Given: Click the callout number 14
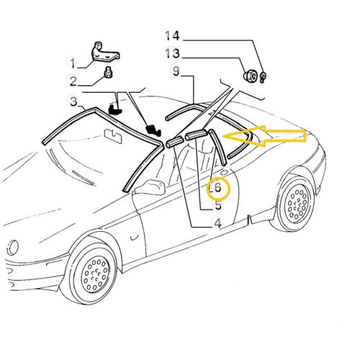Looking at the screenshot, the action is click(x=172, y=36).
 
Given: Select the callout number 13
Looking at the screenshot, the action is click(x=172, y=53).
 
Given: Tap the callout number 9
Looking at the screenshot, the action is click(x=176, y=71).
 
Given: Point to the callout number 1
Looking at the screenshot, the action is click(x=73, y=63).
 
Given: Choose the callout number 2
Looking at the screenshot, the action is click(x=73, y=81).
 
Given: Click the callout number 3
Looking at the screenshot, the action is click(x=73, y=101).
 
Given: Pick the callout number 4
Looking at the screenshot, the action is click(x=217, y=223).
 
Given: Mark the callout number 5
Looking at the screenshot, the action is click(x=218, y=205).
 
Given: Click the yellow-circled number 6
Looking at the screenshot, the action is click(x=217, y=187).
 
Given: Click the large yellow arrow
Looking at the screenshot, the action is click(x=265, y=136).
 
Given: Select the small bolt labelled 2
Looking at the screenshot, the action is click(x=109, y=73).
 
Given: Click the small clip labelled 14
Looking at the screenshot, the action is click(x=262, y=77).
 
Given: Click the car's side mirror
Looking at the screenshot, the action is click(x=150, y=186).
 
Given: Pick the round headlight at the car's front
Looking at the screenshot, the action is click(x=12, y=248).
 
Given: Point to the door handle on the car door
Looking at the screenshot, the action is click(x=133, y=237).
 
